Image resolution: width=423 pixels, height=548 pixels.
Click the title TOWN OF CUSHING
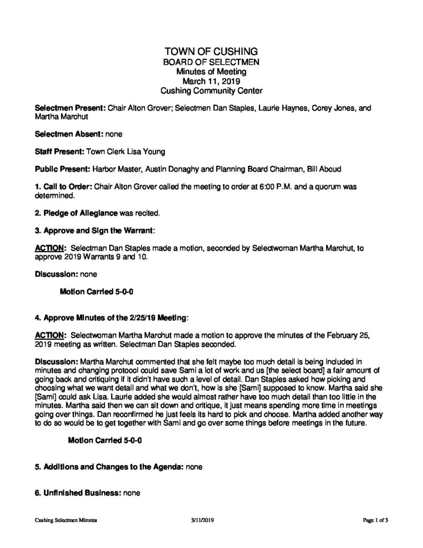click(211, 51)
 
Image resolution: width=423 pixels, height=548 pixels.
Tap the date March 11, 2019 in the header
click(211, 81)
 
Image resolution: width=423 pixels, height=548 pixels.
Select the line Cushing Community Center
click(211, 91)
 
